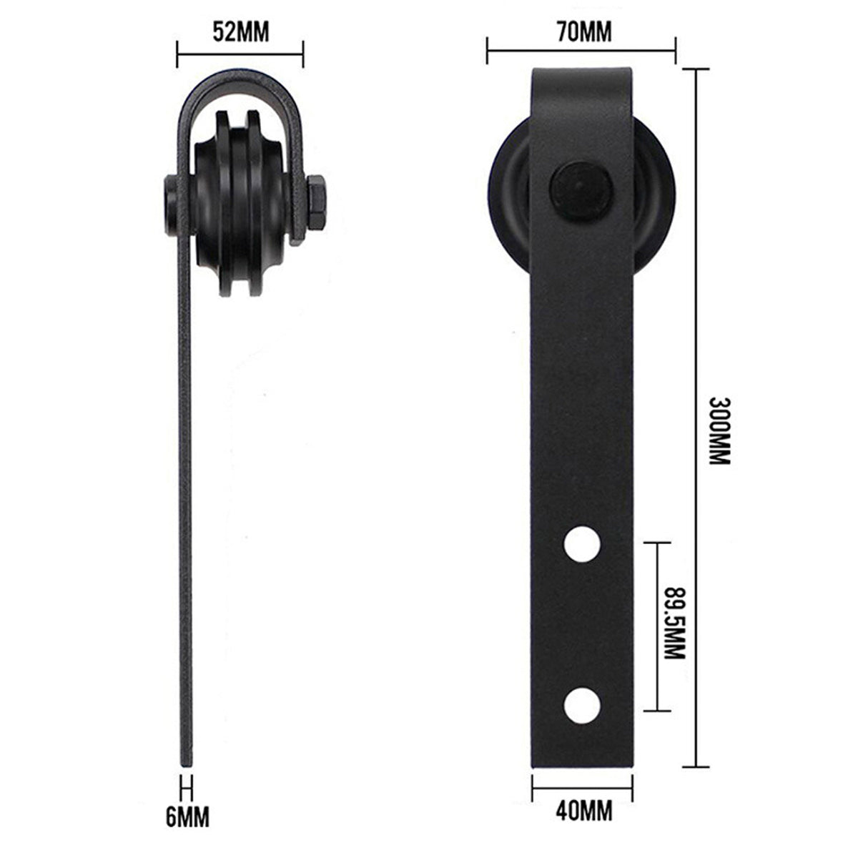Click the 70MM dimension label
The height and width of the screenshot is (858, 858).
pos(581,33)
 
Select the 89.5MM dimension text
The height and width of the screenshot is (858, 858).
pos(674,626)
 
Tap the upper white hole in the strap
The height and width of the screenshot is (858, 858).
pos(581,544)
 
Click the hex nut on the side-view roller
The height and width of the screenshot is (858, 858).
pos(316,205)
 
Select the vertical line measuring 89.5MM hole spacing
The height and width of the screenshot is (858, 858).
pos(656,626)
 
